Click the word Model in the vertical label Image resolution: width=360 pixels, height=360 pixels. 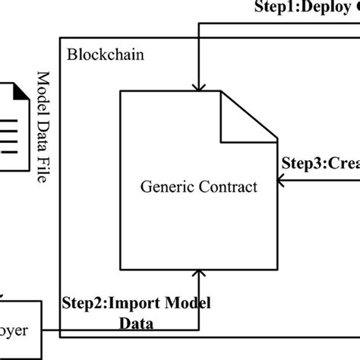pos(43,90)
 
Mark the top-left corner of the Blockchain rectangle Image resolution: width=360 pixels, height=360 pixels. pos(58,36)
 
